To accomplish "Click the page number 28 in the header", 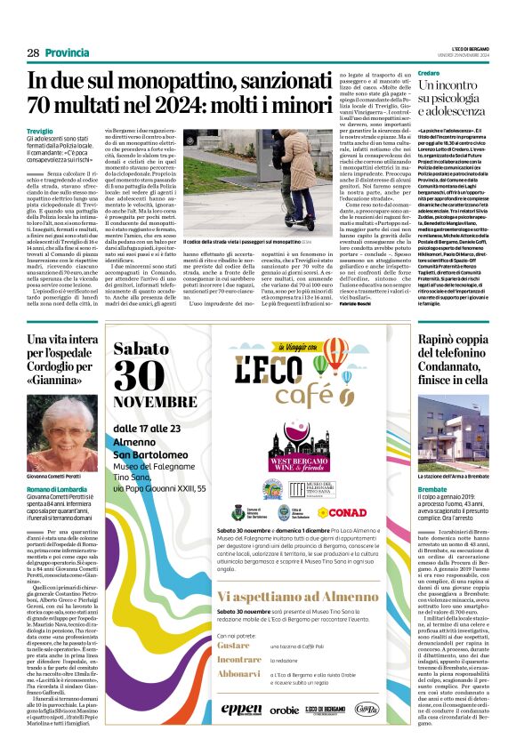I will click(33, 52).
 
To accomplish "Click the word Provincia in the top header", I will click(69, 52).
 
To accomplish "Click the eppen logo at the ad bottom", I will click(242, 709).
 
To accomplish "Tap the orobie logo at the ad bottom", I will click(285, 710).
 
